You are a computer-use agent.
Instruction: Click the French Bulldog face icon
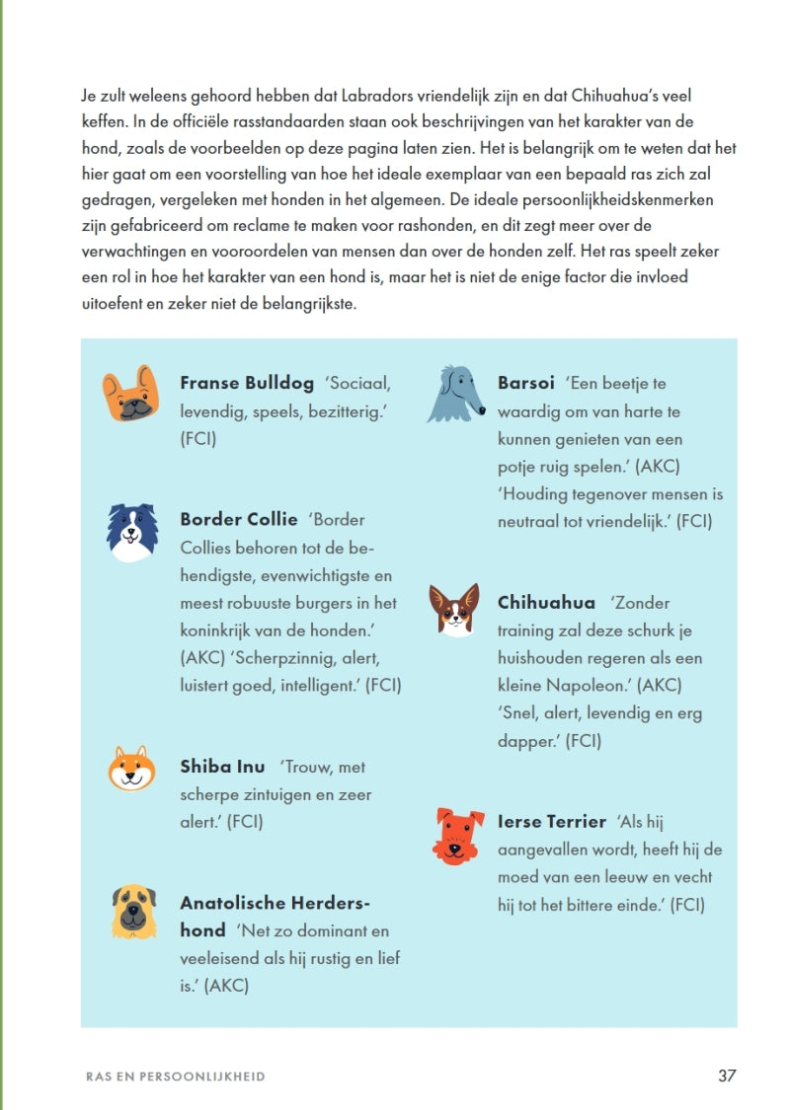130,393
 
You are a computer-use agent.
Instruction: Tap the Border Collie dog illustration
132,532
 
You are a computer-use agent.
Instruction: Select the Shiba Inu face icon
131,768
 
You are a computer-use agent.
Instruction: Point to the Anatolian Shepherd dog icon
133,911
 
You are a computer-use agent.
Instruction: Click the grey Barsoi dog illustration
453,394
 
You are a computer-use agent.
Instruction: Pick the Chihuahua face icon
453,609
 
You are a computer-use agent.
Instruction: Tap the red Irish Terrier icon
458,836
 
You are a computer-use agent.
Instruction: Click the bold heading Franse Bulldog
247,383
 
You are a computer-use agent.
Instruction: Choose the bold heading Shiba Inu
222,767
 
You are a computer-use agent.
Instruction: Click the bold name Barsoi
526,383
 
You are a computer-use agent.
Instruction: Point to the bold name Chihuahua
546,603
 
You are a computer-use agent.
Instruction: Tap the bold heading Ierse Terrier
552,822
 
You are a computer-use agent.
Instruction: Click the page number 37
727,1075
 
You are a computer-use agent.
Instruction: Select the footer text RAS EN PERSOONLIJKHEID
176,1076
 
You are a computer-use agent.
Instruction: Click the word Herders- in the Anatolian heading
327,903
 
